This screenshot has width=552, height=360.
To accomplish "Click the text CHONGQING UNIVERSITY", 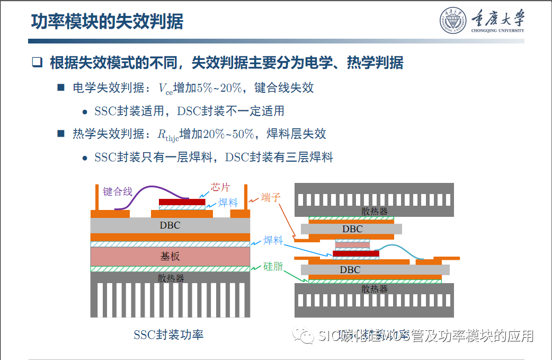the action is (497, 31).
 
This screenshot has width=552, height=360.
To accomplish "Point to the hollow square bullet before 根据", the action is (37, 63).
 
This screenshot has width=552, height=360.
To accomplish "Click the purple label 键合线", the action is (118, 191).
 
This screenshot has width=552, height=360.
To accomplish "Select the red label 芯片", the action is (220, 187).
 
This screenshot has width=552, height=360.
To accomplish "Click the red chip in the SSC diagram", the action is (182, 202).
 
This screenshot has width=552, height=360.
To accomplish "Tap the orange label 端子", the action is (271, 197).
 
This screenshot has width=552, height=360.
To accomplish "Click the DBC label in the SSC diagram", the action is (170, 225).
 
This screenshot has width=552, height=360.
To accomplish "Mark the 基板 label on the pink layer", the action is (170, 256).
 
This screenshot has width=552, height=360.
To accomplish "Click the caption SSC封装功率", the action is (168, 335).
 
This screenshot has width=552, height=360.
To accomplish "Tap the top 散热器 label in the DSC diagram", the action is (375, 212).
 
